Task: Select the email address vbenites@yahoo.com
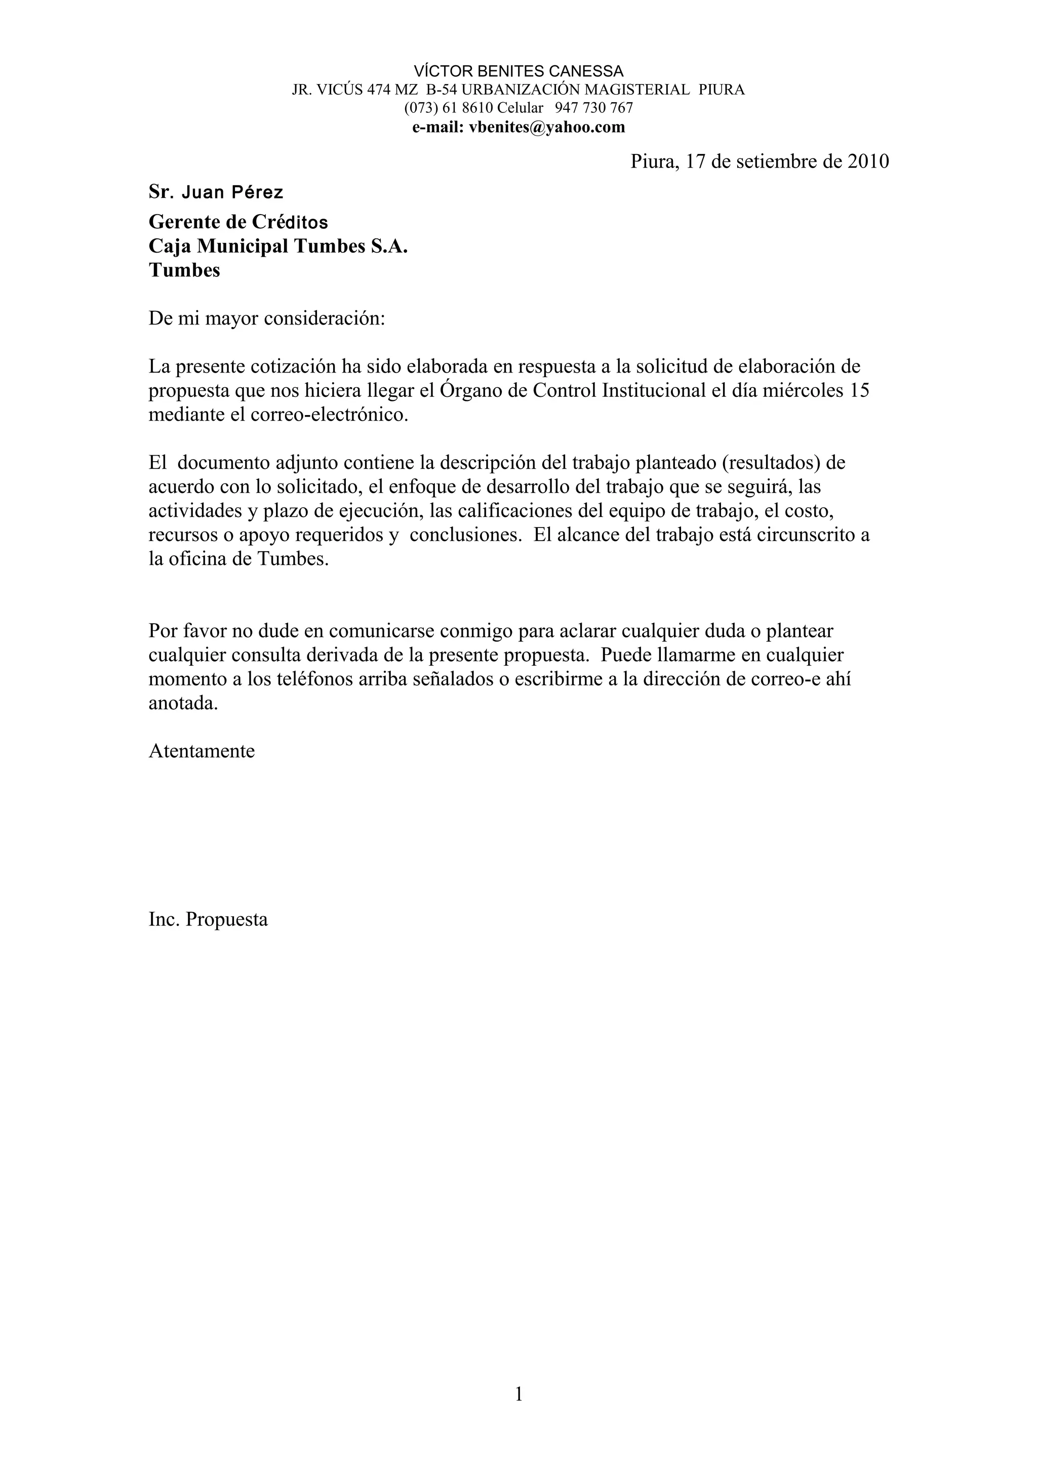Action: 546,127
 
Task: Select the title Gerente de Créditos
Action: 238,222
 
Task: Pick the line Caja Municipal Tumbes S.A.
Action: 278,246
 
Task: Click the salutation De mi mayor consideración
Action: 266,318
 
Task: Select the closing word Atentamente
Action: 201,751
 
